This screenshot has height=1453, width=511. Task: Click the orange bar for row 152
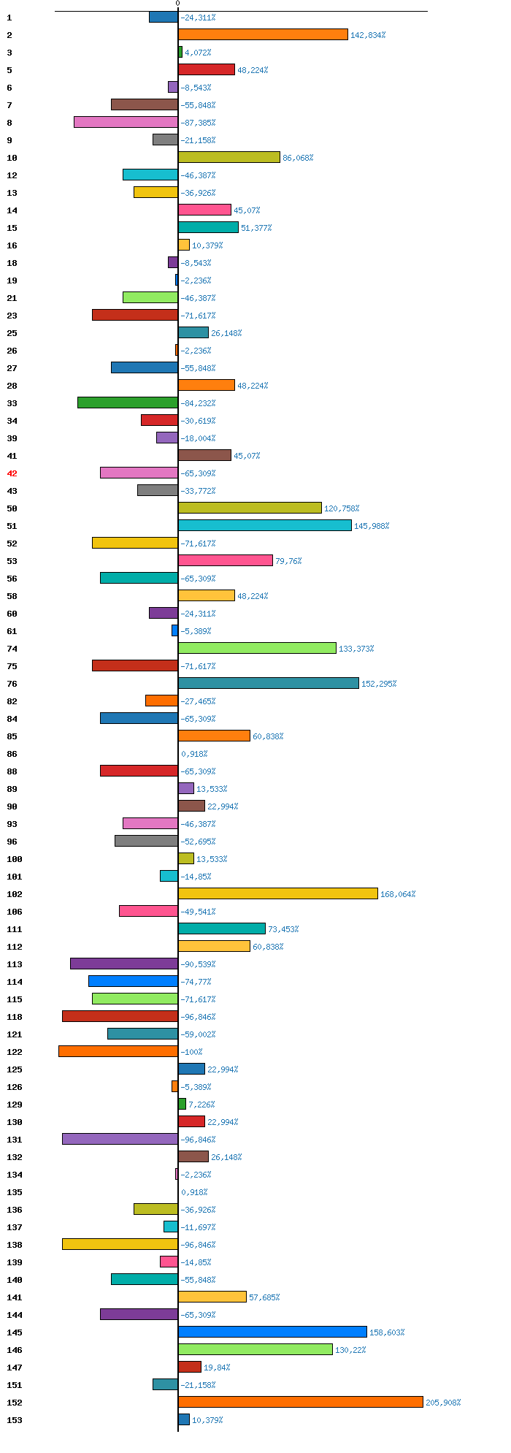[300, 1402]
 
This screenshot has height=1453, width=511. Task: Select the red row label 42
[12, 473]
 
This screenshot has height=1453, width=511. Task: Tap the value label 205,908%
[443, 1403]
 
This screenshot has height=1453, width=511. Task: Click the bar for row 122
[118, 1051]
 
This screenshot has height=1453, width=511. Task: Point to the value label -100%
[191, 1052]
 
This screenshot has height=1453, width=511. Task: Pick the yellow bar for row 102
[277, 893]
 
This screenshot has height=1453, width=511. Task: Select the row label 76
[12, 684]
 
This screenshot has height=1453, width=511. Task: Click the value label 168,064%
[398, 894]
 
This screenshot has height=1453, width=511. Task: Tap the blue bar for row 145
[272, 1332]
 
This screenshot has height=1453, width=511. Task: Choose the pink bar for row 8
[126, 122]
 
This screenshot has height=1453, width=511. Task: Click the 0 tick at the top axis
[177, 4]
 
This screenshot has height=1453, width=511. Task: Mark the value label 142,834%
[368, 35]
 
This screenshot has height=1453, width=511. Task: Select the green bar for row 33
[128, 403]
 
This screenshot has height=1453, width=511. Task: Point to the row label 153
[15, 1420]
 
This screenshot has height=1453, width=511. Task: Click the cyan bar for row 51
[264, 525]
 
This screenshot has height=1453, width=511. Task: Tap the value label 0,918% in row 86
[194, 754]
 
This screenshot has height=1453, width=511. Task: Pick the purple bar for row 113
[124, 964]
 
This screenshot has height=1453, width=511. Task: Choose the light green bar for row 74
[257, 648]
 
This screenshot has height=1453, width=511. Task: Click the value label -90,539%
[198, 964]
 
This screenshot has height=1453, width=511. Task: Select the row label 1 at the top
[9, 18]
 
